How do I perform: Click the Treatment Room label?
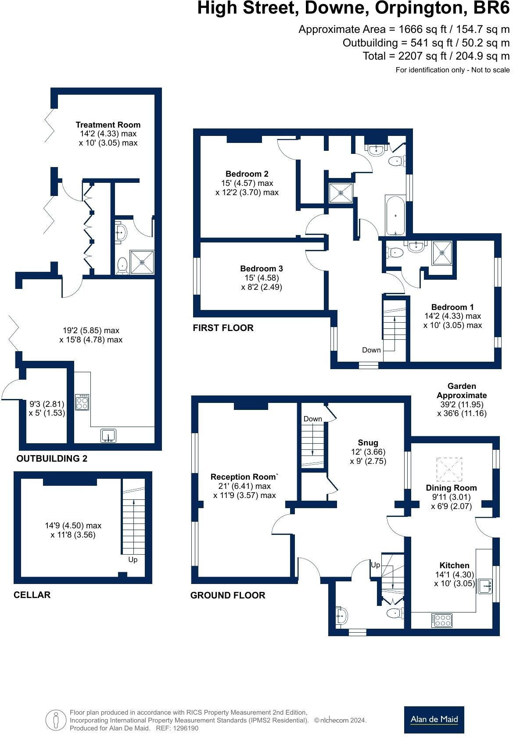click(108, 125)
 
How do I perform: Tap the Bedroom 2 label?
click(247, 174)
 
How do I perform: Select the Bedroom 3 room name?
click(261, 268)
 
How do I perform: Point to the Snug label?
click(367, 443)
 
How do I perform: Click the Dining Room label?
click(451, 488)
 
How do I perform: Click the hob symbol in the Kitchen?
click(442, 620)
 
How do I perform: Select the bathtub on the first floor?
click(396, 215)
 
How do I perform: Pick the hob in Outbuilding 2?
click(82, 402)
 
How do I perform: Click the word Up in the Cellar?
click(133, 559)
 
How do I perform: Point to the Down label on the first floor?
click(371, 350)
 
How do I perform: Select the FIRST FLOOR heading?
click(223, 328)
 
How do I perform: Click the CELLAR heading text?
click(32, 595)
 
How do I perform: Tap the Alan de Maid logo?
click(434, 719)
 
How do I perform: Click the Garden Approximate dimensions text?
click(462, 399)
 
